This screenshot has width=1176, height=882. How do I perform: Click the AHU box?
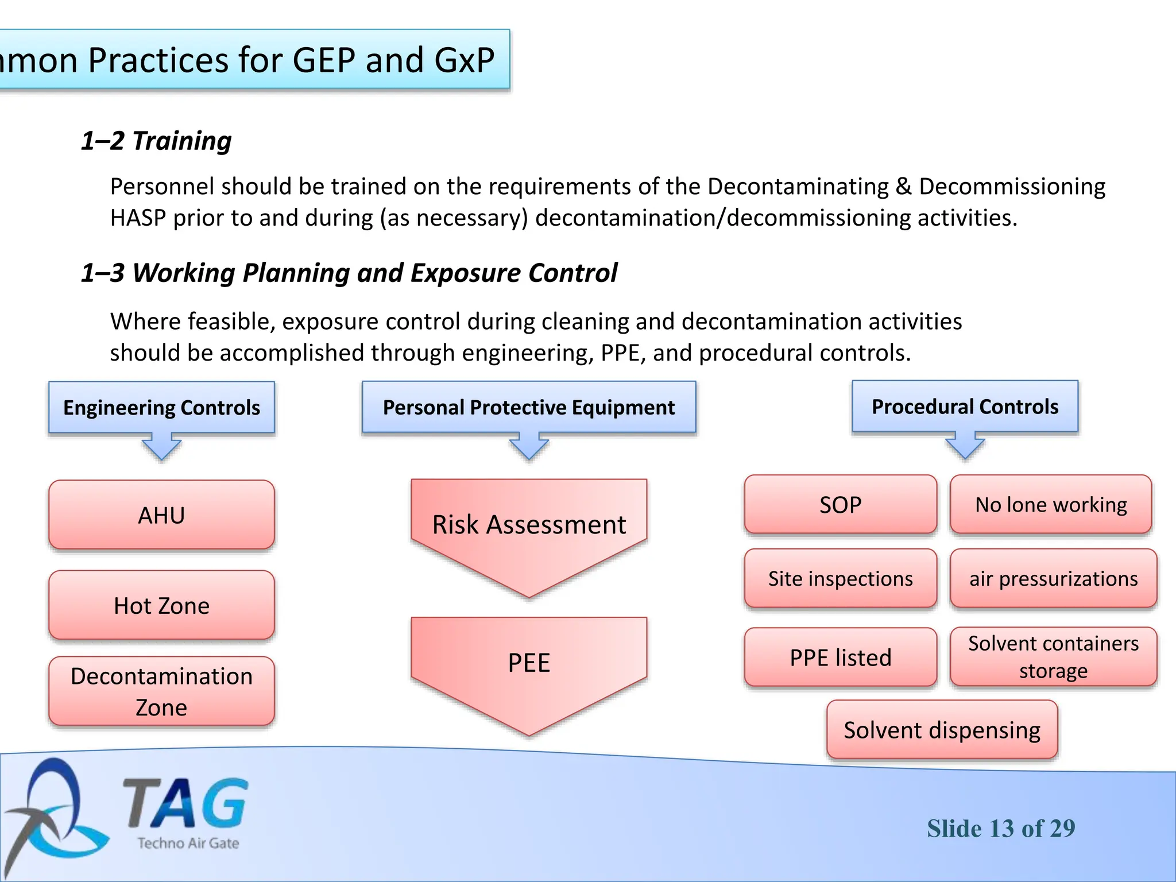point(161,515)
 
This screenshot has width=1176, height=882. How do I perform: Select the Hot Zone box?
point(161,605)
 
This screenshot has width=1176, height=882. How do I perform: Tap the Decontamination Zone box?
point(161,691)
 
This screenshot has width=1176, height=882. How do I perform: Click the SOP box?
point(840,505)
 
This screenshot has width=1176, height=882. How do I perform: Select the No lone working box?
point(1051,505)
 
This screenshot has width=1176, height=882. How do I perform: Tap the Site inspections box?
point(840,578)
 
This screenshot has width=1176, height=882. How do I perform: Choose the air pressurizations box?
point(1053,578)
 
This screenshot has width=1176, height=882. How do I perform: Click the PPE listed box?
point(840,657)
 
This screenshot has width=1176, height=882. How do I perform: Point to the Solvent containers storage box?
point(1053,657)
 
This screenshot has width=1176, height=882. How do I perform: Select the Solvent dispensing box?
point(942,730)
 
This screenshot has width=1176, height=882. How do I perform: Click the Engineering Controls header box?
point(161,407)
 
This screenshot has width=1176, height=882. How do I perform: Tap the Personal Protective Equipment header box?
point(529,407)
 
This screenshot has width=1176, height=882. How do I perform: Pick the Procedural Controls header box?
point(965,407)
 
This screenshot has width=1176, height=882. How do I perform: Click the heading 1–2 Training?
point(156,141)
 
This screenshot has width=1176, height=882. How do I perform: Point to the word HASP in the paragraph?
point(138,218)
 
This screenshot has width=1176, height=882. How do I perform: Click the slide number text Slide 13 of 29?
point(1001,828)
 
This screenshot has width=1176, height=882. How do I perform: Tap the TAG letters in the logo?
point(186,803)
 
